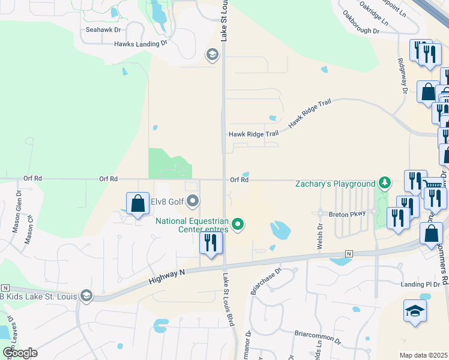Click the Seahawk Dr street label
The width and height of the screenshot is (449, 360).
(103, 29)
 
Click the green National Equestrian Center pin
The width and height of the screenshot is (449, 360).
(238, 224)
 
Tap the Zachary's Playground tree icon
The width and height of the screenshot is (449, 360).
(385, 183)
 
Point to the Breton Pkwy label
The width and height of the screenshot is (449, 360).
(343, 214)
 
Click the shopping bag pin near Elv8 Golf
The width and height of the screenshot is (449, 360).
(138, 203)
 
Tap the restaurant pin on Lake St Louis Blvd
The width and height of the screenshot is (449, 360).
(211, 243)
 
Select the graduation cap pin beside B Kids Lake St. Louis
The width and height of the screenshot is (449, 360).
(86, 295)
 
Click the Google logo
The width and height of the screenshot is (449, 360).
(20, 352)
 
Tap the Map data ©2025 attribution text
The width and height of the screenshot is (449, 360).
(423, 355)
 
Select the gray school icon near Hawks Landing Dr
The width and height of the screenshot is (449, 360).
(211, 55)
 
